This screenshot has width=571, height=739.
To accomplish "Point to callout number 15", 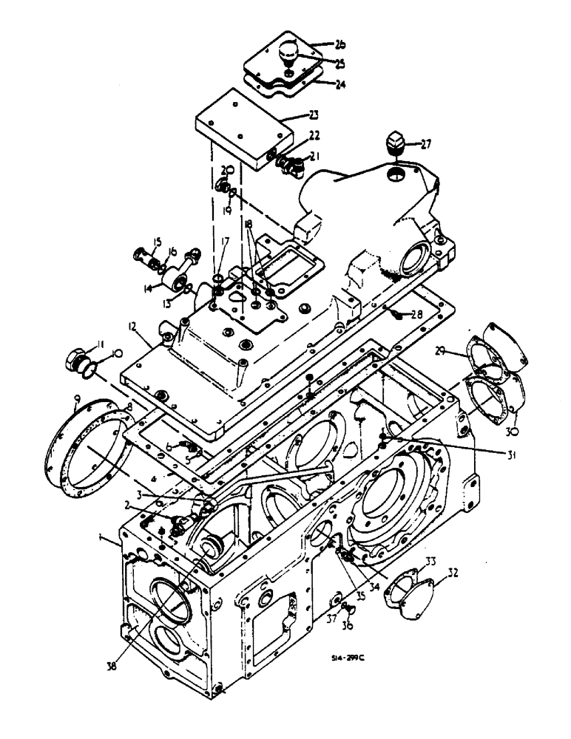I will point(157,242).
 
